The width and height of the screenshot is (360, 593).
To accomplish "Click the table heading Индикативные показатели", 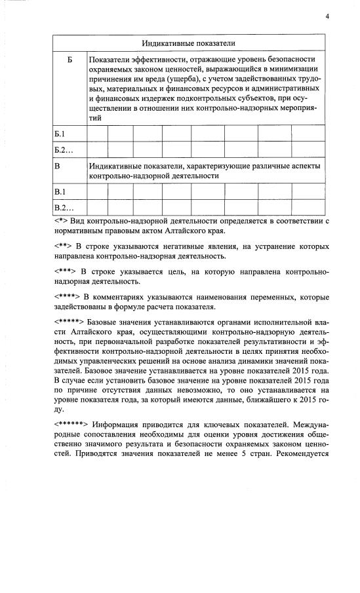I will [190, 43].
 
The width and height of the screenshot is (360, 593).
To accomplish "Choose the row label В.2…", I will [62, 208].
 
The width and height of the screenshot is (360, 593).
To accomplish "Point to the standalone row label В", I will [58, 166].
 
